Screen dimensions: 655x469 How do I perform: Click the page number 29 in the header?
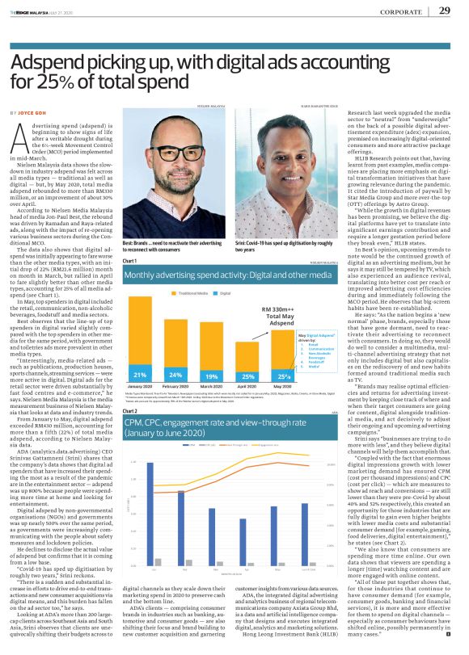445,10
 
